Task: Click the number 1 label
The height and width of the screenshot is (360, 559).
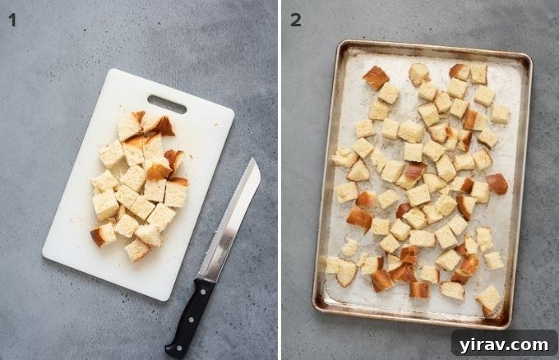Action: (x=12, y=20)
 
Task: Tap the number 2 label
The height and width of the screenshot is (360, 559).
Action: (x=295, y=20)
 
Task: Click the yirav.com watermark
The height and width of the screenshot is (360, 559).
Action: (x=504, y=343)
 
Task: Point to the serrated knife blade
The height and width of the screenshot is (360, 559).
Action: (x=231, y=217)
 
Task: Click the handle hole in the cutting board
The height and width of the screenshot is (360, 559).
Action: (x=166, y=104)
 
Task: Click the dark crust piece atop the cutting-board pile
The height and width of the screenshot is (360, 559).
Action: (x=163, y=125)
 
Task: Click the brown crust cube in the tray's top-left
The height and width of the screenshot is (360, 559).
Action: (x=377, y=77)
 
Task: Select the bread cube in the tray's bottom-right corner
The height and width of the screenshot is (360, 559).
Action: (x=488, y=298)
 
